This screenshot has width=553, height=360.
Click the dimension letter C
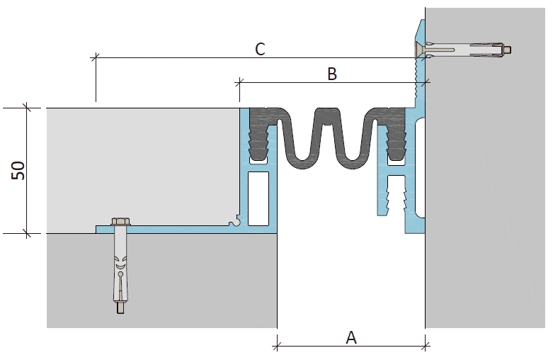coord(260,50)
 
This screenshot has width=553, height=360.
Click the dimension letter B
coord(332,74)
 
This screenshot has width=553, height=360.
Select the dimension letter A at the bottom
coord(351,338)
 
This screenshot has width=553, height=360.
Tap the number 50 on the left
coord(18,171)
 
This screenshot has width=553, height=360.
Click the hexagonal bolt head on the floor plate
coord(121,222)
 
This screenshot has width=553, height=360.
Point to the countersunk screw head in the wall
coord(420,50)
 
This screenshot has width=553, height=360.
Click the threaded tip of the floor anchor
coord(120,308)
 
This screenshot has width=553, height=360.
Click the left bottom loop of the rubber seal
coord(302,162)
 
